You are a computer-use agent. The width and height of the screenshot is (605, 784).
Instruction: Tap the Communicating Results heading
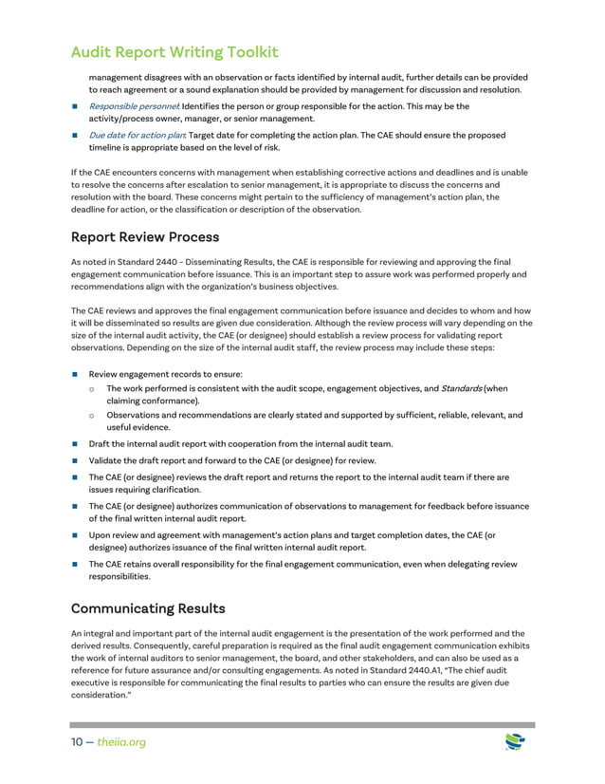[x=148, y=607]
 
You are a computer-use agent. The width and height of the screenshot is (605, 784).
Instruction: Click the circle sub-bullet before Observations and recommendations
[x=91, y=415]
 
